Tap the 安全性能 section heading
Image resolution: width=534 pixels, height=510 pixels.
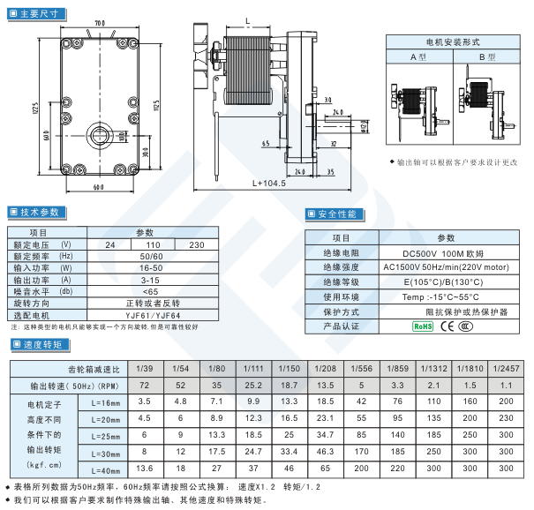tap(335, 214)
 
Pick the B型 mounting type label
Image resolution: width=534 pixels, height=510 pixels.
tap(487, 56)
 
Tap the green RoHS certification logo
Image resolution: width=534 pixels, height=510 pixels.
tap(423, 326)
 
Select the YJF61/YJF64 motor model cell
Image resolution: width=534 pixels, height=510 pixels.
tap(153, 314)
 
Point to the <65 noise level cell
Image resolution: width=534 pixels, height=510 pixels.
tap(151, 290)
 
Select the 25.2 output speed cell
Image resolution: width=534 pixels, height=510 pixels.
tap(253, 386)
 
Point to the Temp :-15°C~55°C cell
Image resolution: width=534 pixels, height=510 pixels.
tap(440, 296)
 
